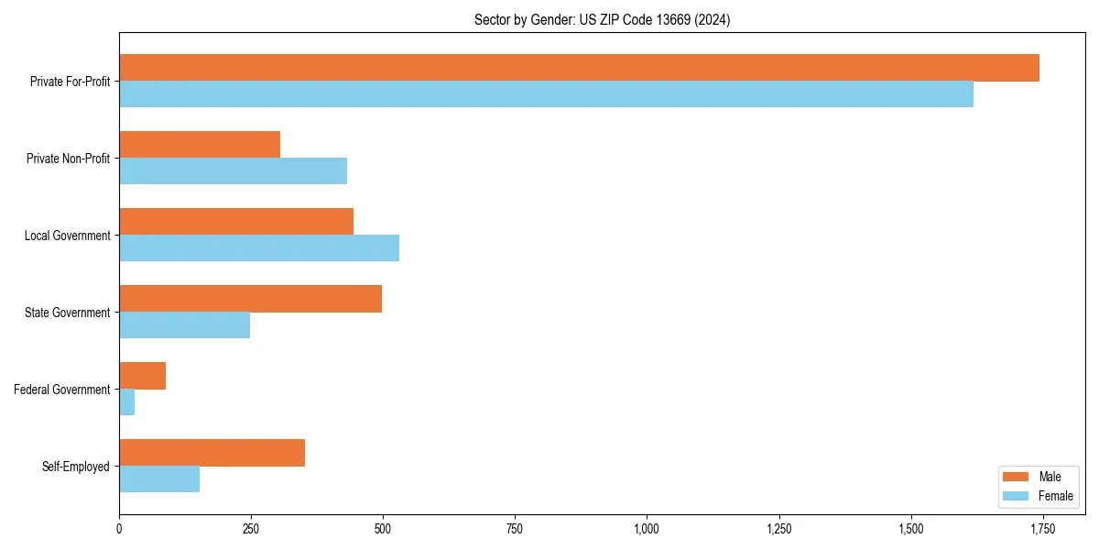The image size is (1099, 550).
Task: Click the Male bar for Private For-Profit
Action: [x=579, y=68]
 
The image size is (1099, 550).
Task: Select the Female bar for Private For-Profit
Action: [x=546, y=94]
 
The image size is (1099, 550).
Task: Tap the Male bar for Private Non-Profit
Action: [x=200, y=145]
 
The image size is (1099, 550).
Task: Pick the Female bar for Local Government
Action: [x=259, y=248]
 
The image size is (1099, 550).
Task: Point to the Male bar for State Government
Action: [x=250, y=299]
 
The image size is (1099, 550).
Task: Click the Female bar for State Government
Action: [x=184, y=325]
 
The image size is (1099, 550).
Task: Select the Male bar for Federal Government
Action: [x=142, y=376]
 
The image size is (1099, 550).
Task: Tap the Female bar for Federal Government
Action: [x=126, y=402]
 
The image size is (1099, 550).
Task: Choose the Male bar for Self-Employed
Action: [x=212, y=453]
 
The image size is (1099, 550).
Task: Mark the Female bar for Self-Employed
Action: [x=159, y=479]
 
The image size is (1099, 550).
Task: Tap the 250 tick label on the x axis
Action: [x=251, y=529]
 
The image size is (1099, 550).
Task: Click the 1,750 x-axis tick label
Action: [x=1042, y=529]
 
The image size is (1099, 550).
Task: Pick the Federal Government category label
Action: [x=62, y=390]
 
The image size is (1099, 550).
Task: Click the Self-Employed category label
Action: [x=76, y=467]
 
